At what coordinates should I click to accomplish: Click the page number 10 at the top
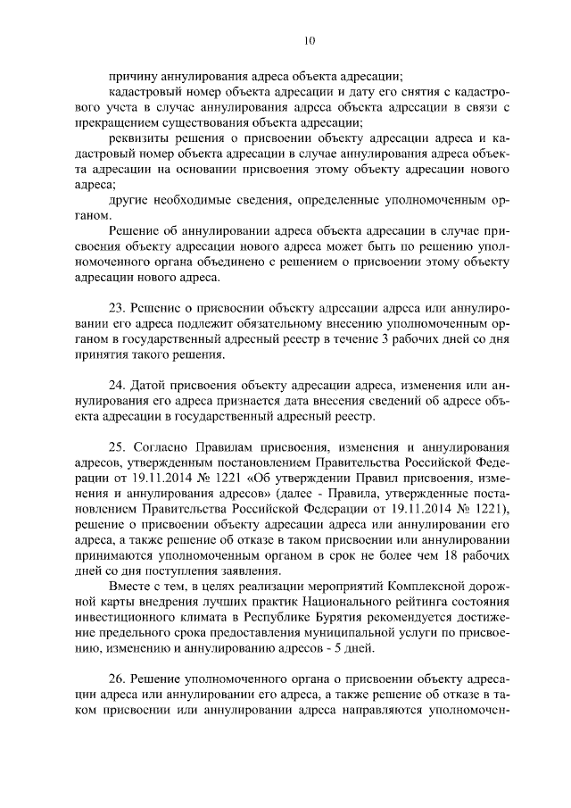point(309,40)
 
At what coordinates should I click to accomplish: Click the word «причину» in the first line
point(132,75)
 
